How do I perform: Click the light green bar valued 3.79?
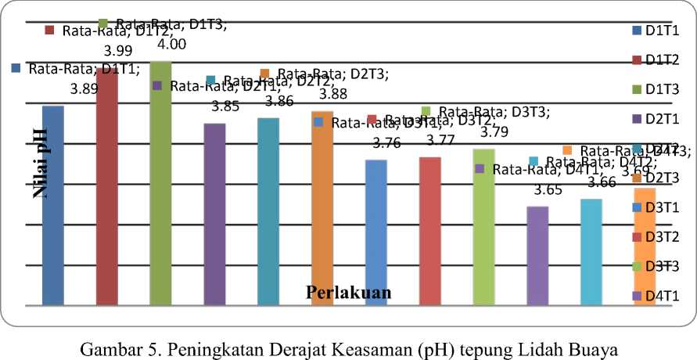click(483, 227)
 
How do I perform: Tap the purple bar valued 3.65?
click(537, 255)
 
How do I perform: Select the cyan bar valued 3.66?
click(591, 252)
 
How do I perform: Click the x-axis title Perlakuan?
click(348, 293)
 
